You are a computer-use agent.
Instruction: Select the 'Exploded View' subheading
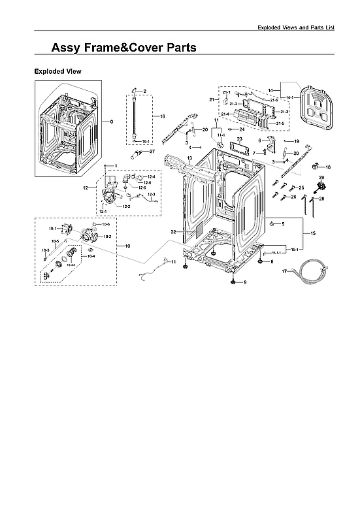point(57,71)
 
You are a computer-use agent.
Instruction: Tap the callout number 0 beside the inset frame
point(112,122)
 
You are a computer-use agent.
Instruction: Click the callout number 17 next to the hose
point(284,271)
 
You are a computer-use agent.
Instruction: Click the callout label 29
point(321,178)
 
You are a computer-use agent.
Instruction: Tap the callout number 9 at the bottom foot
point(246,282)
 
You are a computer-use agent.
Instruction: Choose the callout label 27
point(152,152)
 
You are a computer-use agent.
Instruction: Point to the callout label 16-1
point(145,141)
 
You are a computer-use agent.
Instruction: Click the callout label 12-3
point(151,195)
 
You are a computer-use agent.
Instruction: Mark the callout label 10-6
point(106,224)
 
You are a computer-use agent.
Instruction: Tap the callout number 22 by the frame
point(174,232)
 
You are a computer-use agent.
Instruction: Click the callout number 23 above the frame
point(239,139)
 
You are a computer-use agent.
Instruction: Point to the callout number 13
point(189,159)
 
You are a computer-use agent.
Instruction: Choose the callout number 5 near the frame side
point(282,224)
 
